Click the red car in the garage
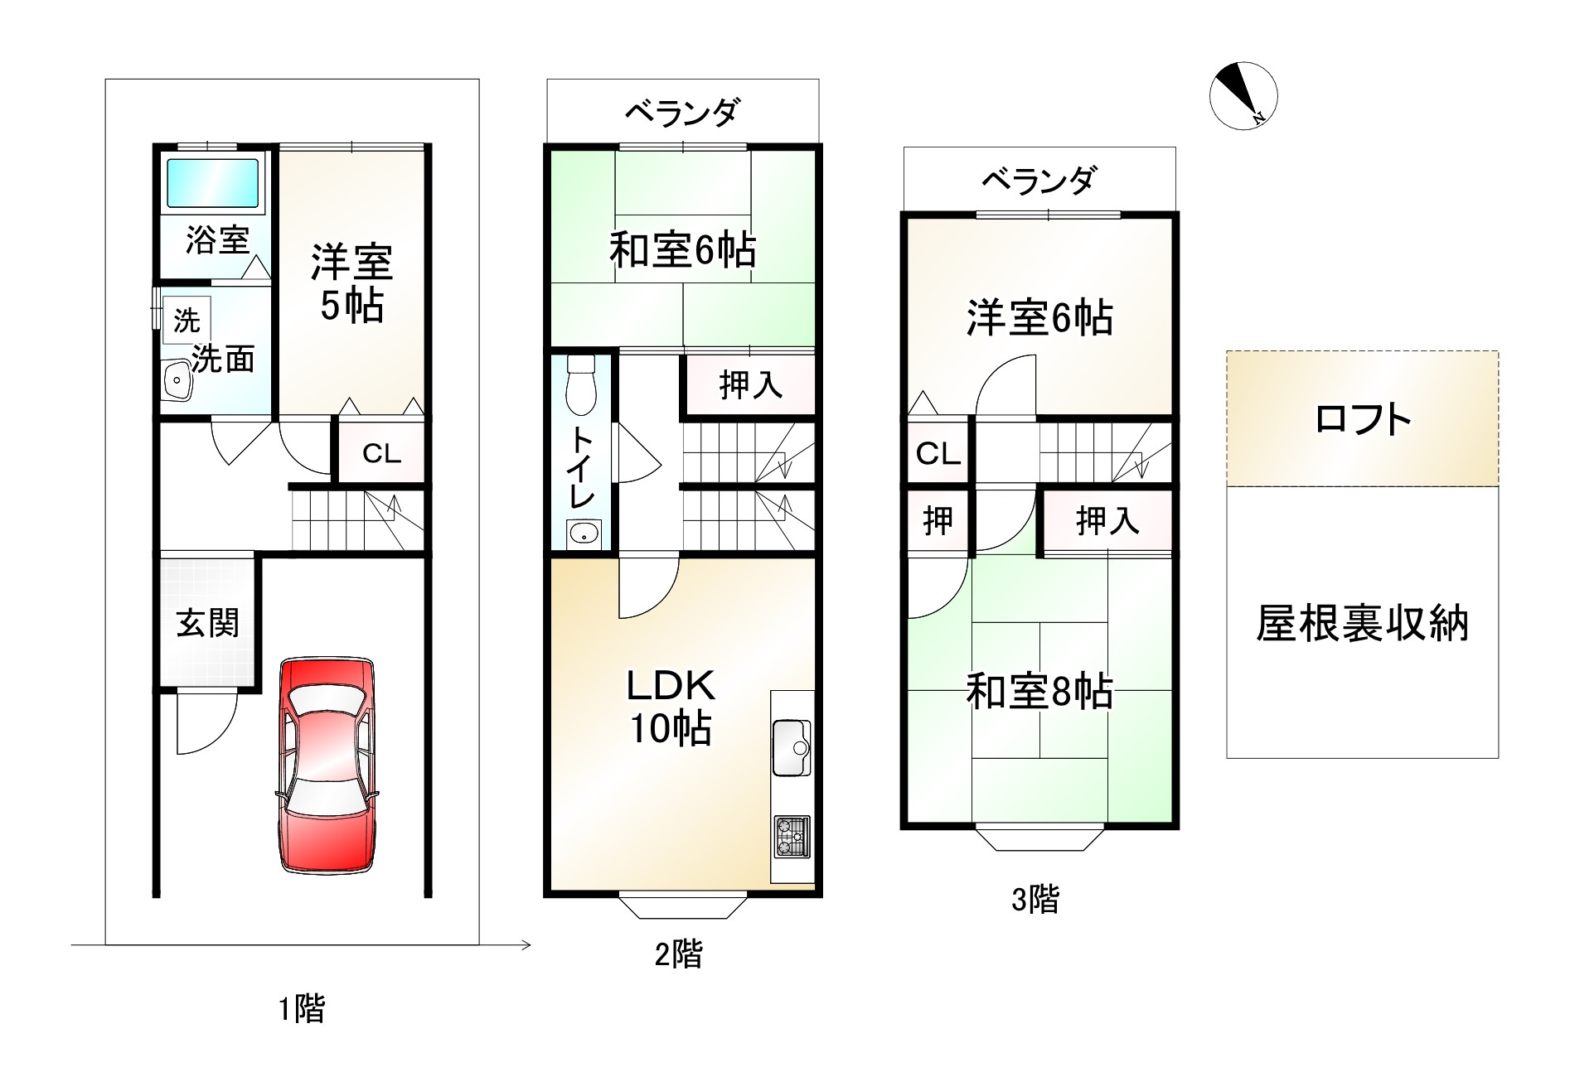[325, 764]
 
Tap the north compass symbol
[1243, 95]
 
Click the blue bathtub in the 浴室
[213, 183]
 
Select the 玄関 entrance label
[208, 623]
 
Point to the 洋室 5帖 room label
[351, 283]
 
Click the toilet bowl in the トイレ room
[582, 386]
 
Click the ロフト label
[1363, 419]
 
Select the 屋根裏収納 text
[1362, 623]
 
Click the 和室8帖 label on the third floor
[1039, 691]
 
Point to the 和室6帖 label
[682, 249]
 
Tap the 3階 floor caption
[1035, 899]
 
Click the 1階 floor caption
[301, 1008]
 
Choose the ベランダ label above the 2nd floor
[681, 112]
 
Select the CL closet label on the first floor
[381, 453]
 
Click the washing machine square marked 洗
[187, 321]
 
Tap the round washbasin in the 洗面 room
[177, 382]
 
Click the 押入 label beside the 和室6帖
[750, 384]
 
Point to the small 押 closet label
[938, 520]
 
